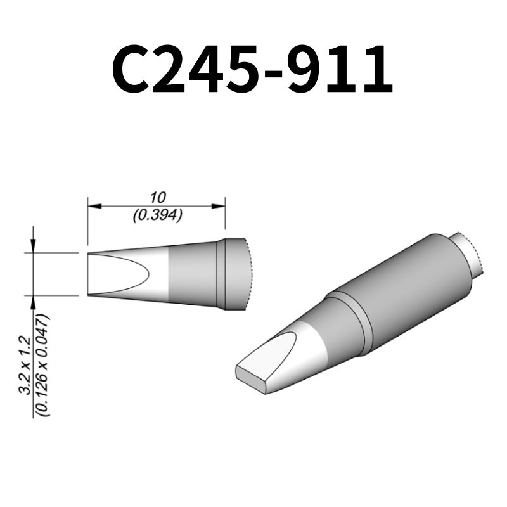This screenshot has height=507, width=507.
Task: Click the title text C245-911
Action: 253,68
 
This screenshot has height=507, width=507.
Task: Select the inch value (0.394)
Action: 157,215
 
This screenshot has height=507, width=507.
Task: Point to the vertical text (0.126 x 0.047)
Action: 42,364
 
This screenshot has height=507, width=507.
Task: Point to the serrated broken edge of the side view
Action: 249,274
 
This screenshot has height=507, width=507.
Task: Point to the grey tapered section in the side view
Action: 190,274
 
